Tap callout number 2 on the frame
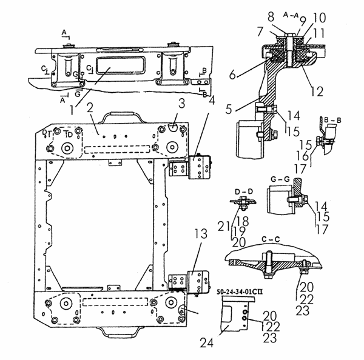pyautogui.click(x=89, y=109)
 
